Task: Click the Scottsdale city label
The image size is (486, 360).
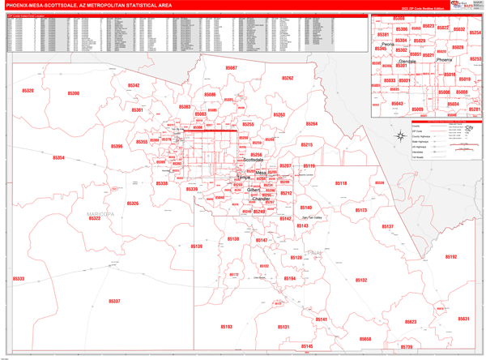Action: click(254, 161)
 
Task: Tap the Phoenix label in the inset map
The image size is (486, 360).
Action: click(445, 60)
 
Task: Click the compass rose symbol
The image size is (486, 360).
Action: click(404, 136)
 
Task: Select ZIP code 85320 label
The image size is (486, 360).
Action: click(28, 91)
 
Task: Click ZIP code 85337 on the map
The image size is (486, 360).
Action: click(114, 301)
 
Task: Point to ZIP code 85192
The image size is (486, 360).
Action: click(451, 257)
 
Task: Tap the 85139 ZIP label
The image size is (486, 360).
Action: click(196, 246)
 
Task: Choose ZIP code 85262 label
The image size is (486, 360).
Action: click(288, 79)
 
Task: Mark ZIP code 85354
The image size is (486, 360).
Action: click(58, 158)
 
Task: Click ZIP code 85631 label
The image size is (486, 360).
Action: click(463, 319)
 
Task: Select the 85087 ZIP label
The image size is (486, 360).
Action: click(232, 69)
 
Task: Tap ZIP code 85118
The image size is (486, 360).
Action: click(341, 184)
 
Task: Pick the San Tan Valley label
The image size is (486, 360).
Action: click(311, 218)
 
